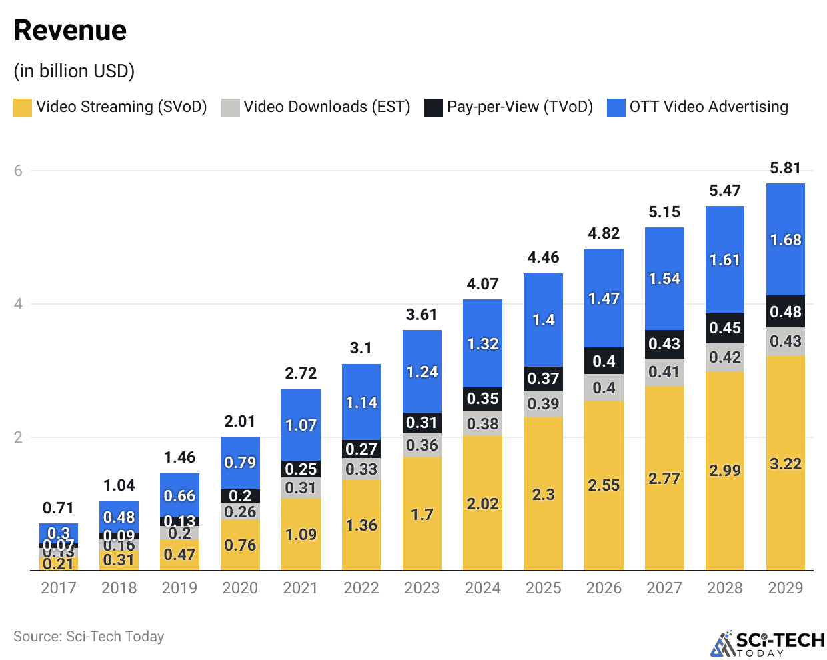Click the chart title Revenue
(70, 31)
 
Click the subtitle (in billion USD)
(74, 71)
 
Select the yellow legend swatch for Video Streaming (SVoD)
(23, 107)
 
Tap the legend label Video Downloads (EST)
(327, 107)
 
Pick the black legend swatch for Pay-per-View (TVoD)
(434, 107)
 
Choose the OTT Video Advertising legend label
(708, 107)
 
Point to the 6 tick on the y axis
(18, 171)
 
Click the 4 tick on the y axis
(18, 304)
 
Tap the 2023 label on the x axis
(422, 588)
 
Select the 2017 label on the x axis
(59, 588)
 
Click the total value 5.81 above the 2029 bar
(785, 168)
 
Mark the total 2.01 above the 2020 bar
(240, 421)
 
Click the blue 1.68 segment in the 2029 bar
(786, 240)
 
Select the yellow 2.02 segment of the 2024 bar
(482, 504)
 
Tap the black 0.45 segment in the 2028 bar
(725, 328)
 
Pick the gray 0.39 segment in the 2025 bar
(543, 404)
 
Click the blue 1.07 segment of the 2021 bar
(301, 425)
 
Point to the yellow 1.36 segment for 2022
(361, 525)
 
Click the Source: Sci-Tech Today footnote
(89, 637)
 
